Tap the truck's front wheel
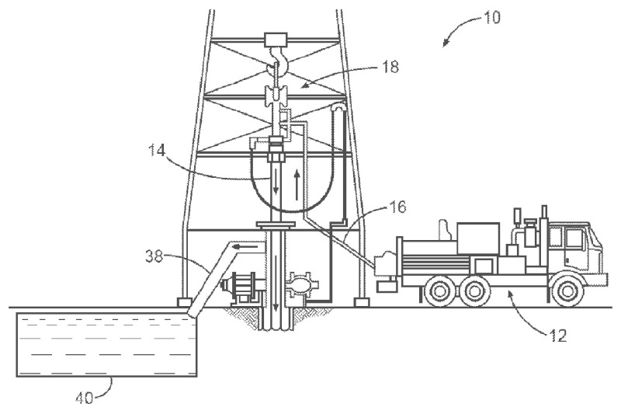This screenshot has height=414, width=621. (570, 292)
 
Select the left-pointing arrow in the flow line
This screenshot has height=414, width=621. (247, 250)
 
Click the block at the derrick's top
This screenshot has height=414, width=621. (276, 38)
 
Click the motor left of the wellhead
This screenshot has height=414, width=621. (243, 287)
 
